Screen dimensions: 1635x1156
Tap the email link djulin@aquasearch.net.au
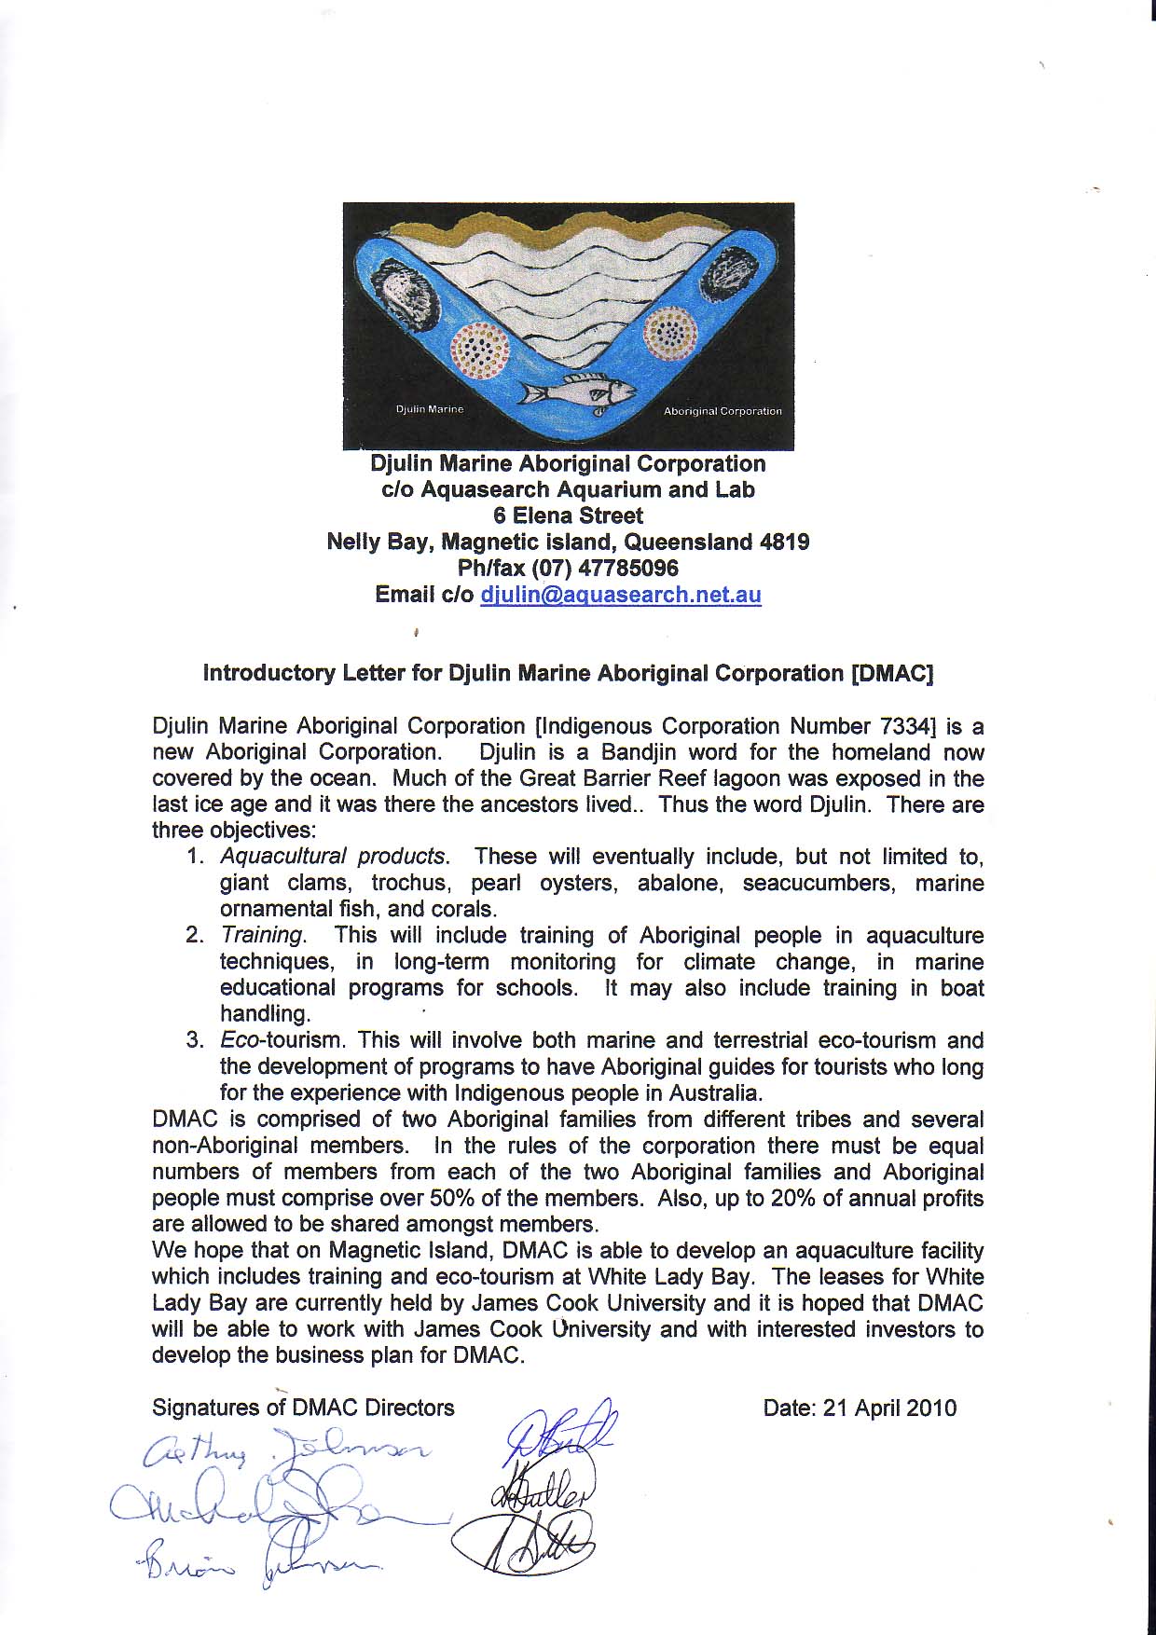(620, 595)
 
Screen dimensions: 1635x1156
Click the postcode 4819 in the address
(785, 542)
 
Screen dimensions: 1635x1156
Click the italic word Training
(262, 935)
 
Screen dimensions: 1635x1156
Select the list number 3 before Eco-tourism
(194, 1039)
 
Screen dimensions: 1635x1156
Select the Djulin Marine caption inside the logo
(430, 410)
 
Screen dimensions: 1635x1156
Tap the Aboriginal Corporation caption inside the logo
(722, 411)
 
